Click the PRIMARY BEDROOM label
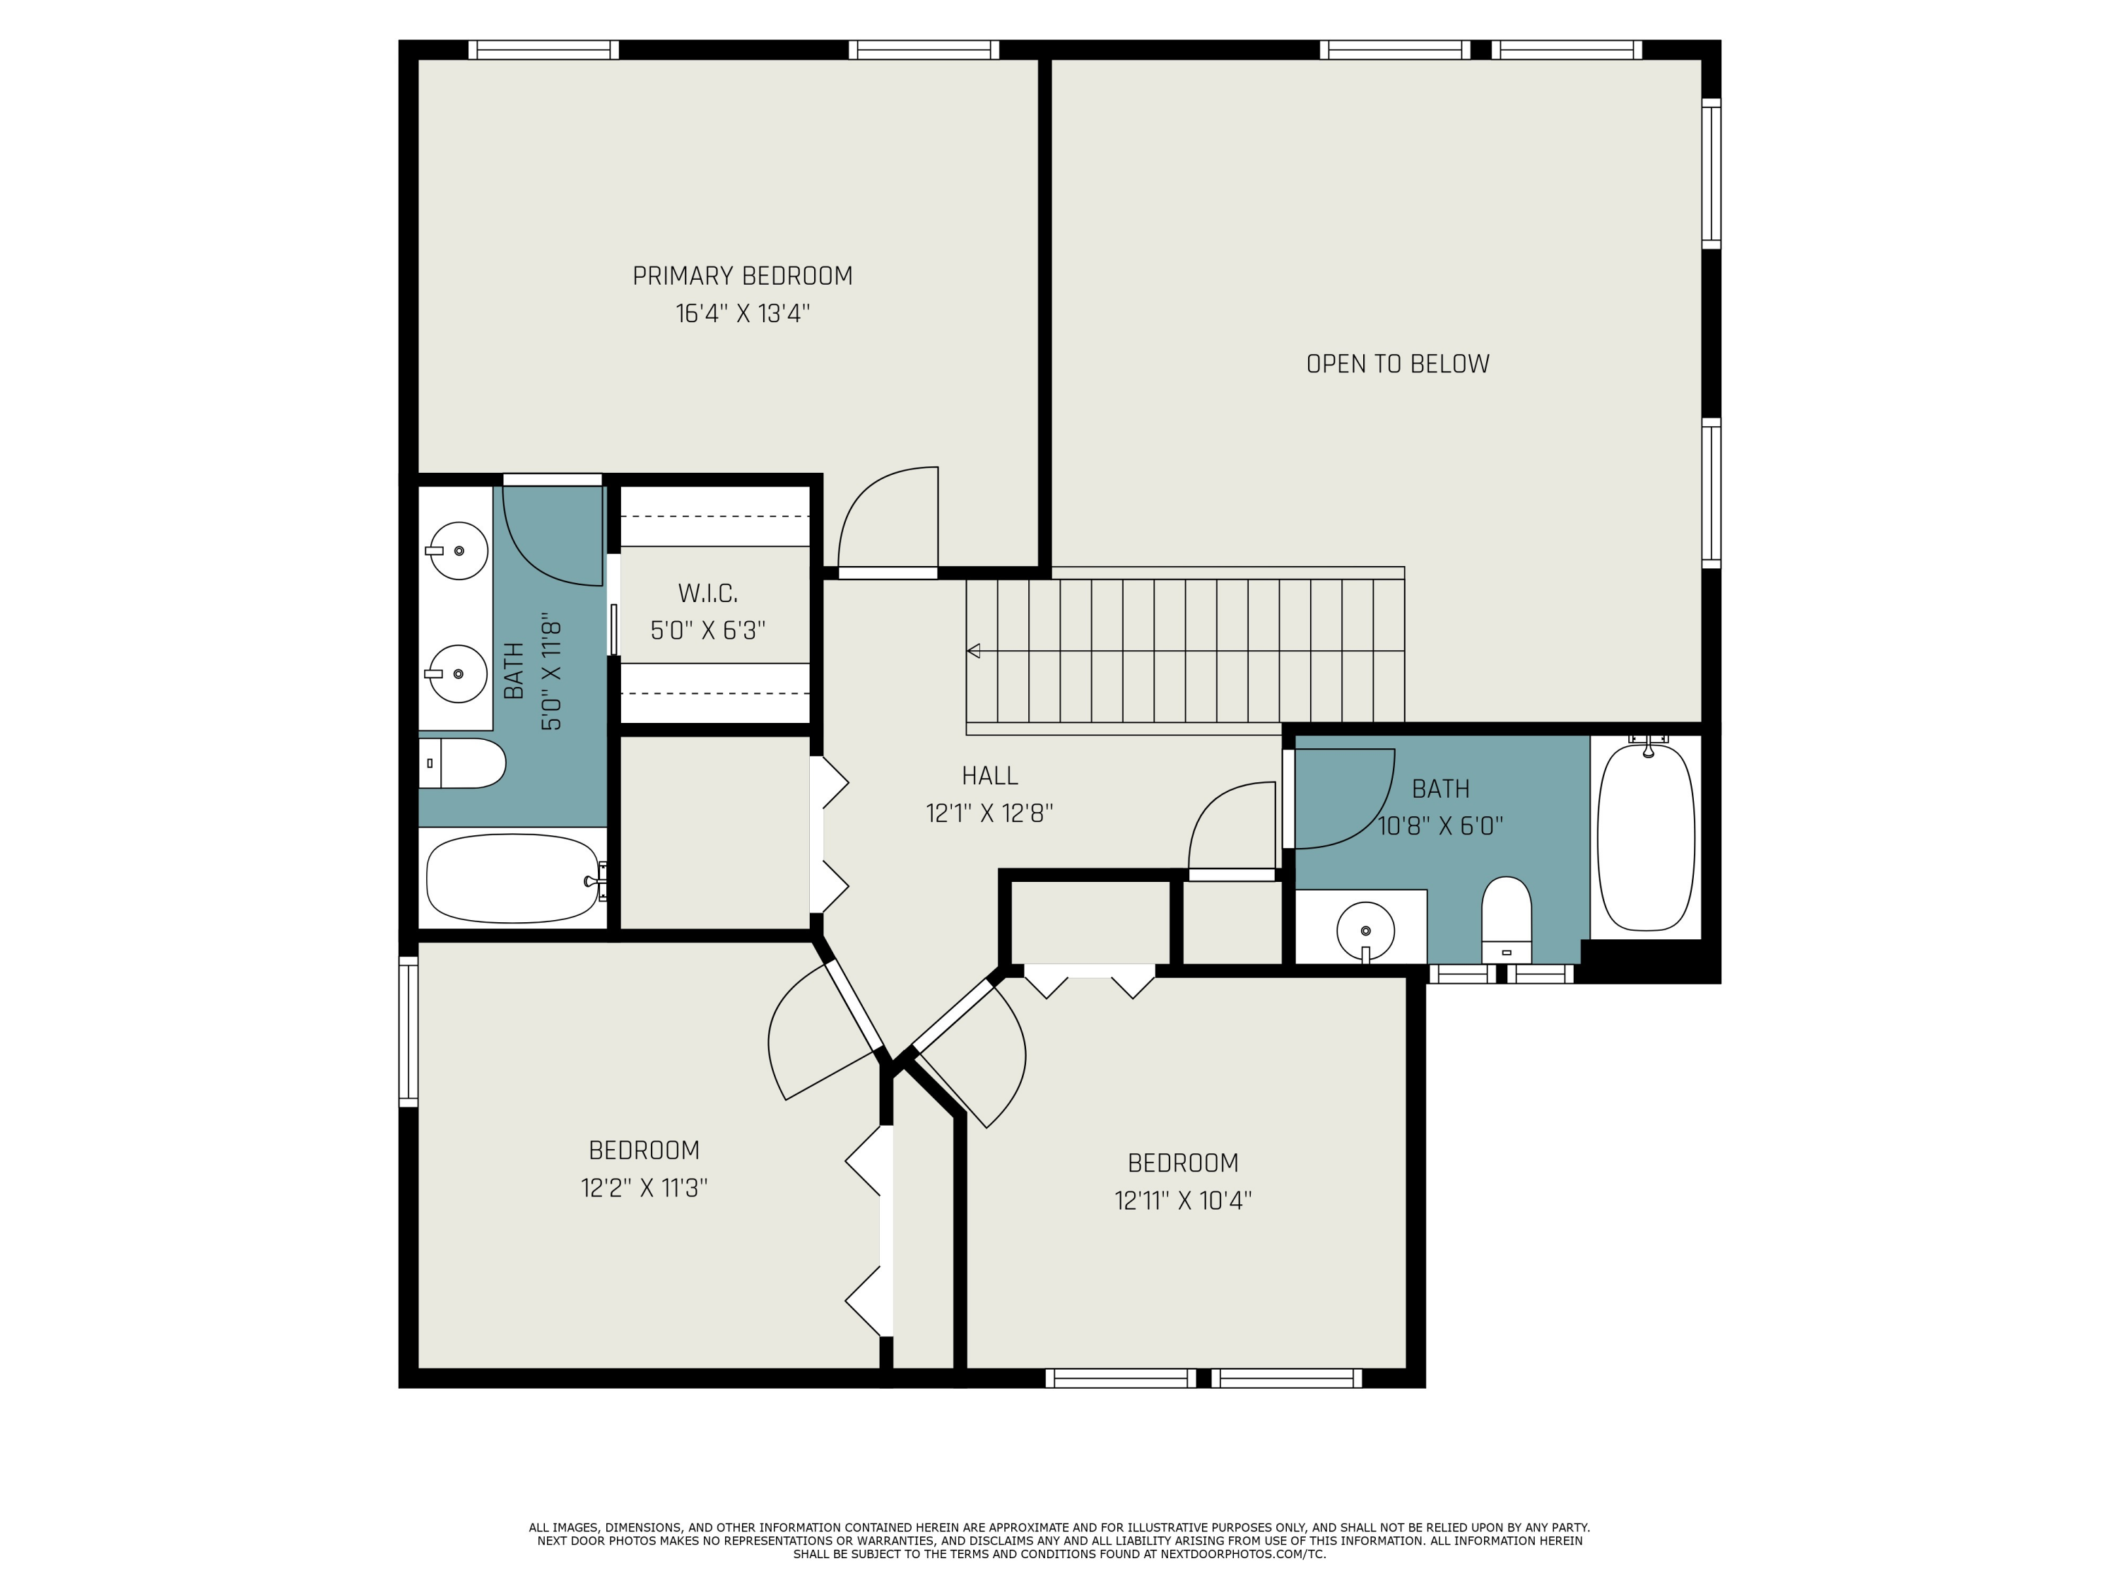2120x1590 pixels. click(743, 276)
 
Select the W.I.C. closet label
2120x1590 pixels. click(708, 594)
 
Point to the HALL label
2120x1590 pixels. click(990, 775)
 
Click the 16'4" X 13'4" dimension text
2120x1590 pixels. click(743, 313)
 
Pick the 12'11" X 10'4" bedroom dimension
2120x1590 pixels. click(1183, 1200)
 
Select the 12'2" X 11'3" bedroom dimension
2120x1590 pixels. click(644, 1187)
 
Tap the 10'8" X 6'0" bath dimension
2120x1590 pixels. click(1440, 825)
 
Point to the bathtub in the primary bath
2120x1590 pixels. click(514, 878)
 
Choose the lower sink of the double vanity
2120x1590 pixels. click(457, 673)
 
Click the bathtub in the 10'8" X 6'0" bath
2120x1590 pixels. click(1647, 837)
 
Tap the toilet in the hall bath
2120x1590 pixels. click(1507, 920)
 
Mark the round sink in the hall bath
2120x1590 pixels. click(1365, 930)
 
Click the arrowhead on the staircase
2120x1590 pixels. click(974, 651)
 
